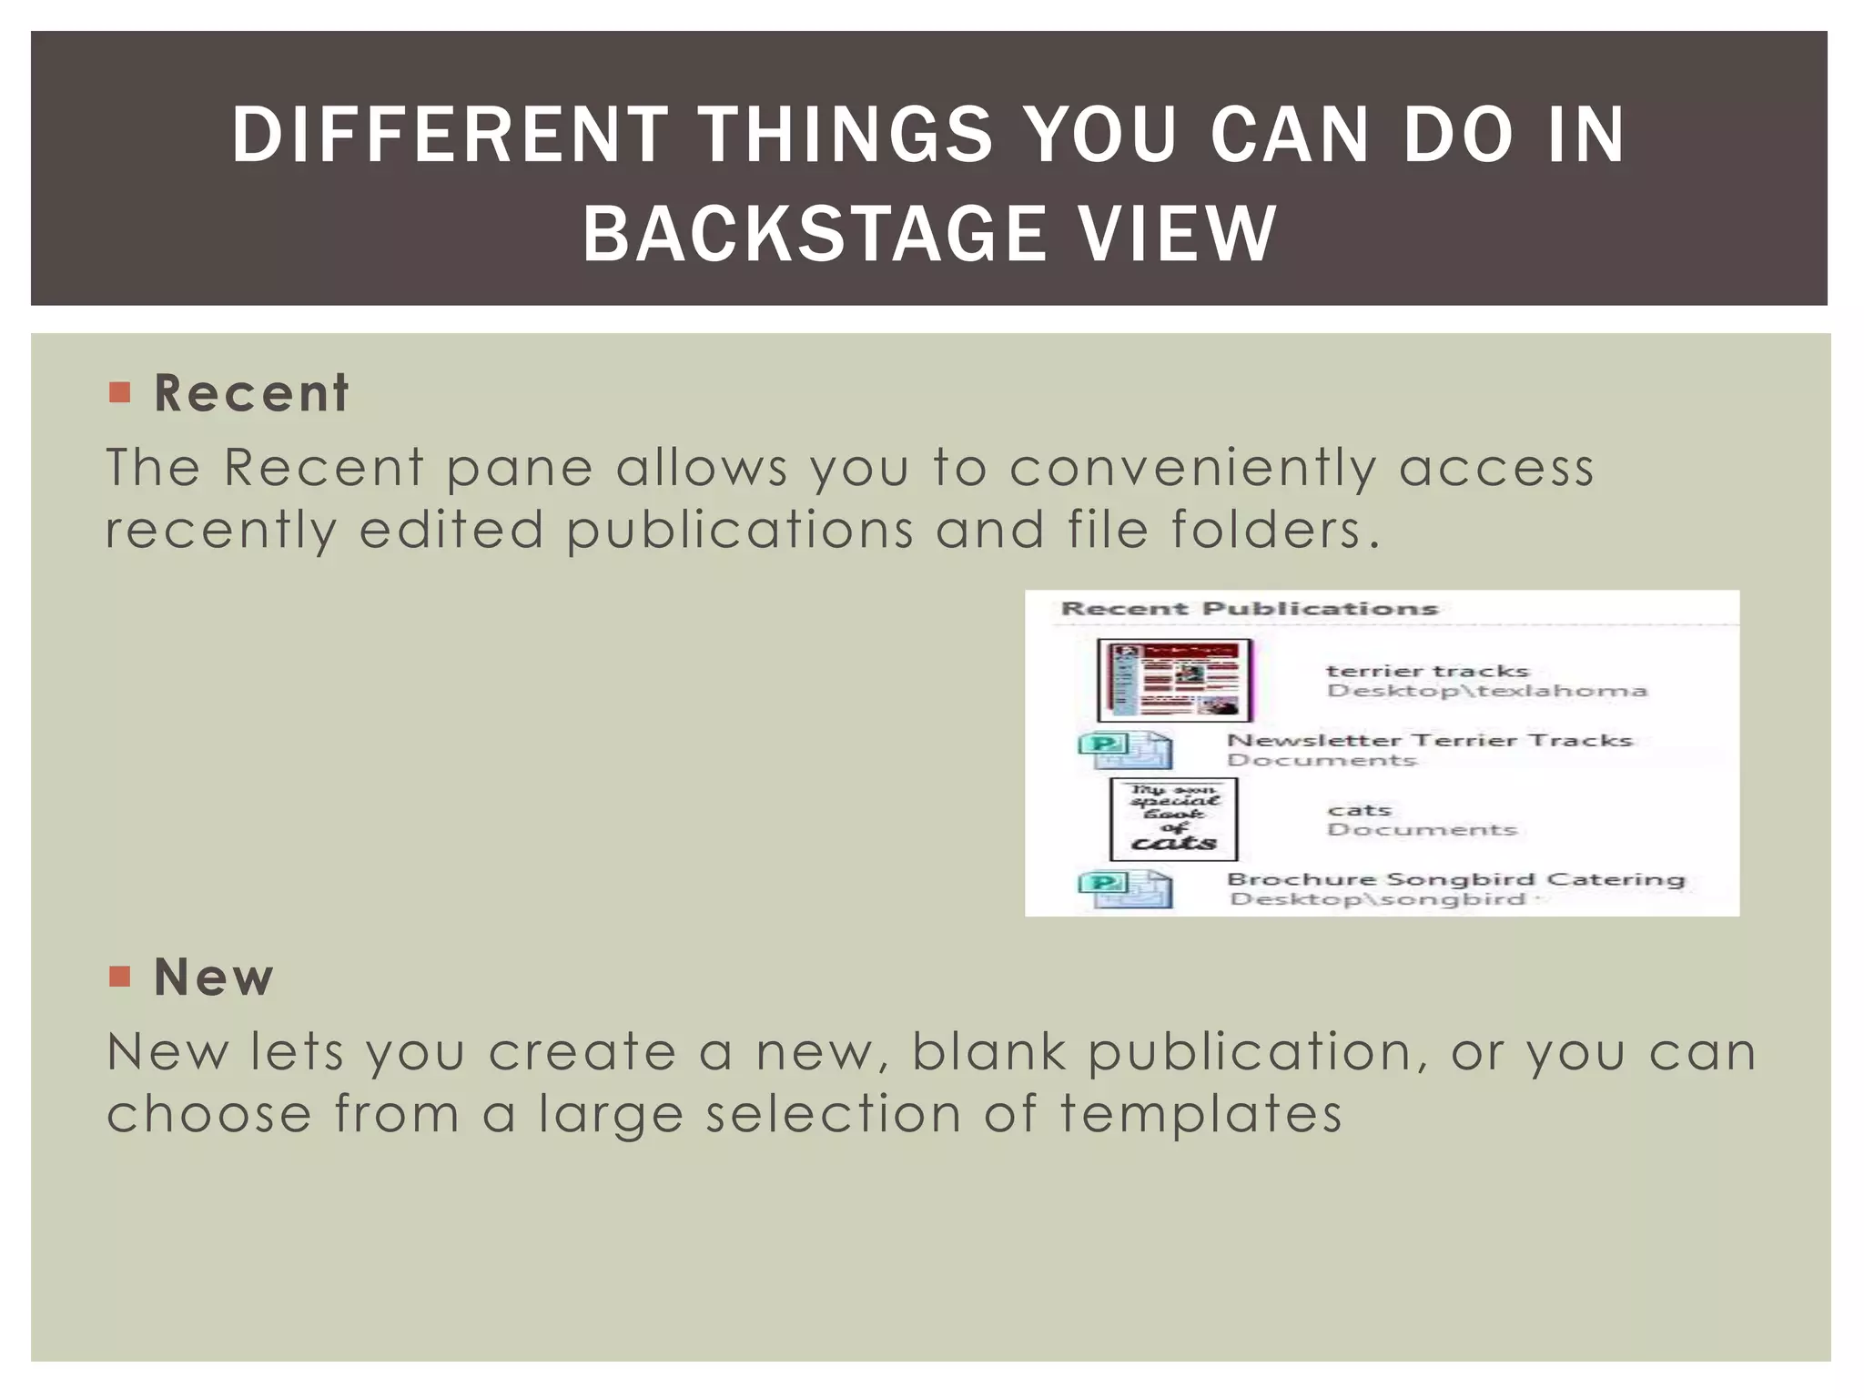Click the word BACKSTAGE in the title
click(x=815, y=234)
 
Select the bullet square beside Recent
click(x=119, y=392)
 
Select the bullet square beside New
click(x=119, y=977)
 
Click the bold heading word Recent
click(x=251, y=393)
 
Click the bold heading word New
click(x=214, y=978)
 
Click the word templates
click(x=1200, y=1114)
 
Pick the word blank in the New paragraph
click(x=988, y=1052)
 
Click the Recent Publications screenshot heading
click(x=1249, y=609)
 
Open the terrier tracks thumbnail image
click(x=1174, y=680)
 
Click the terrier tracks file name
click(x=1427, y=671)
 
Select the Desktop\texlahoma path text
click(x=1486, y=691)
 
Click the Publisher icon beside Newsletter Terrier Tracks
click(x=1125, y=750)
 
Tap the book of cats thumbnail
click(x=1173, y=819)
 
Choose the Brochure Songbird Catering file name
click(x=1455, y=879)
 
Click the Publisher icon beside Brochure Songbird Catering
click(x=1125, y=889)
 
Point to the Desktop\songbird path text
click(x=1378, y=900)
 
